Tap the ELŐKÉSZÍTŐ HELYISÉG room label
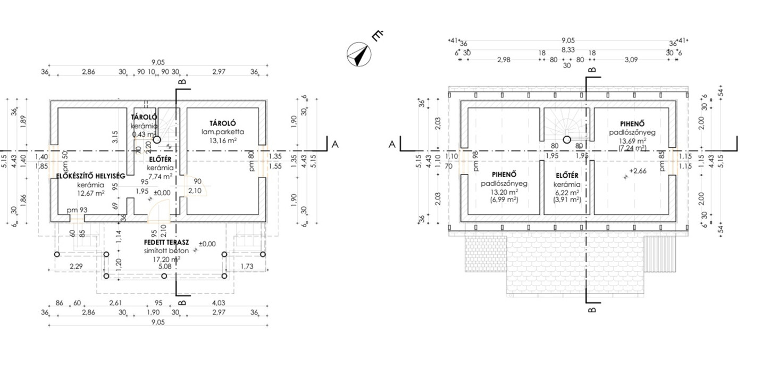point(90,176)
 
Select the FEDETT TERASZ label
point(166,243)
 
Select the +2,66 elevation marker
point(638,171)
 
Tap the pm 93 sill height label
point(77,210)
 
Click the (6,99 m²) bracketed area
point(503,199)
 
